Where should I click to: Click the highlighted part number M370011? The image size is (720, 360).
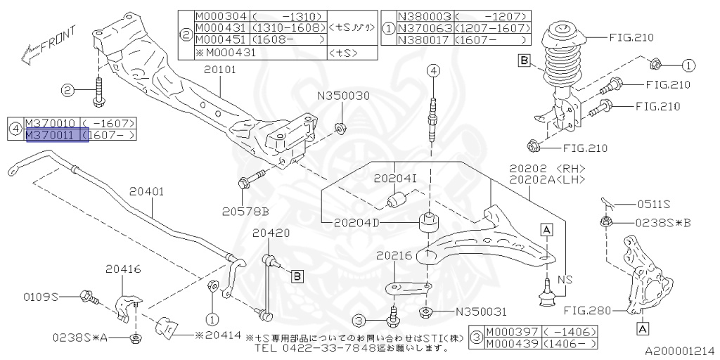51,135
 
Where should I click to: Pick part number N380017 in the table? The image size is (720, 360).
423,39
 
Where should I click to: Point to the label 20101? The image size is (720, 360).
220,70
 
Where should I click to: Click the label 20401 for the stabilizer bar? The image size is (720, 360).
146,191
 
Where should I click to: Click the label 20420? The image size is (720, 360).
271,233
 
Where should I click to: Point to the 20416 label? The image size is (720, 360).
124,269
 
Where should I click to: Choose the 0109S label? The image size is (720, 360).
41,297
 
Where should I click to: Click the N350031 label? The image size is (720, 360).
481,312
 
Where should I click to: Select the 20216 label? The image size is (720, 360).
394,256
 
